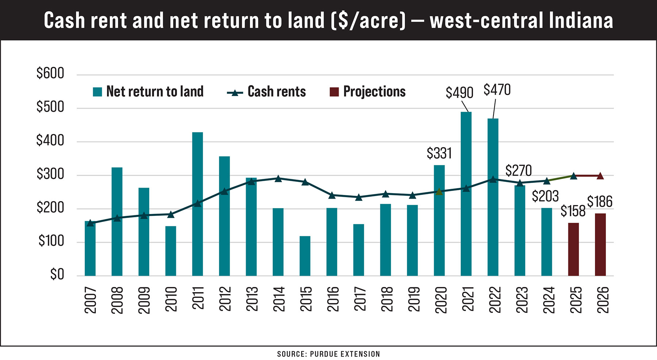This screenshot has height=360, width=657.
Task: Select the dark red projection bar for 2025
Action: click(x=573, y=249)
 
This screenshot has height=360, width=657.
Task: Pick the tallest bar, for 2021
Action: click(x=466, y=194)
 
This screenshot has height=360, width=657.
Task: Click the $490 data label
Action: click(x=459, y=93)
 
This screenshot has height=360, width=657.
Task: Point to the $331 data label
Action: click(x=439, y=153)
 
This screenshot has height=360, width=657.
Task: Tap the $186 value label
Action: click(x=600, y=202)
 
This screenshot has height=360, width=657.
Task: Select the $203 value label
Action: click(x=545, y=196)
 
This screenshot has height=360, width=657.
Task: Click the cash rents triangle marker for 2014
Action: click(x=278, y=179)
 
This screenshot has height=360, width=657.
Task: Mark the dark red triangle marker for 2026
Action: click(x=600, y=176)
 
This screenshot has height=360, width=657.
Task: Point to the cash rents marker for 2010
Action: click(x=171, y=214)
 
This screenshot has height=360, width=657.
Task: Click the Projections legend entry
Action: click(x=368, y=92)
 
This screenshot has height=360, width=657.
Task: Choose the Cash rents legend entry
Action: click(x=266, y=92)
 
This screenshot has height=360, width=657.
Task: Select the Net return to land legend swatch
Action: click(x=97, y=92)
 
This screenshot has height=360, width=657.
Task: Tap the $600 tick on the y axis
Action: click(x=50, y=73)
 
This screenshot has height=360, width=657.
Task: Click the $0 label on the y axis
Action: click(x=57, y=274)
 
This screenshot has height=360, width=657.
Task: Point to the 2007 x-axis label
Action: click(x=90, y=299)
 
